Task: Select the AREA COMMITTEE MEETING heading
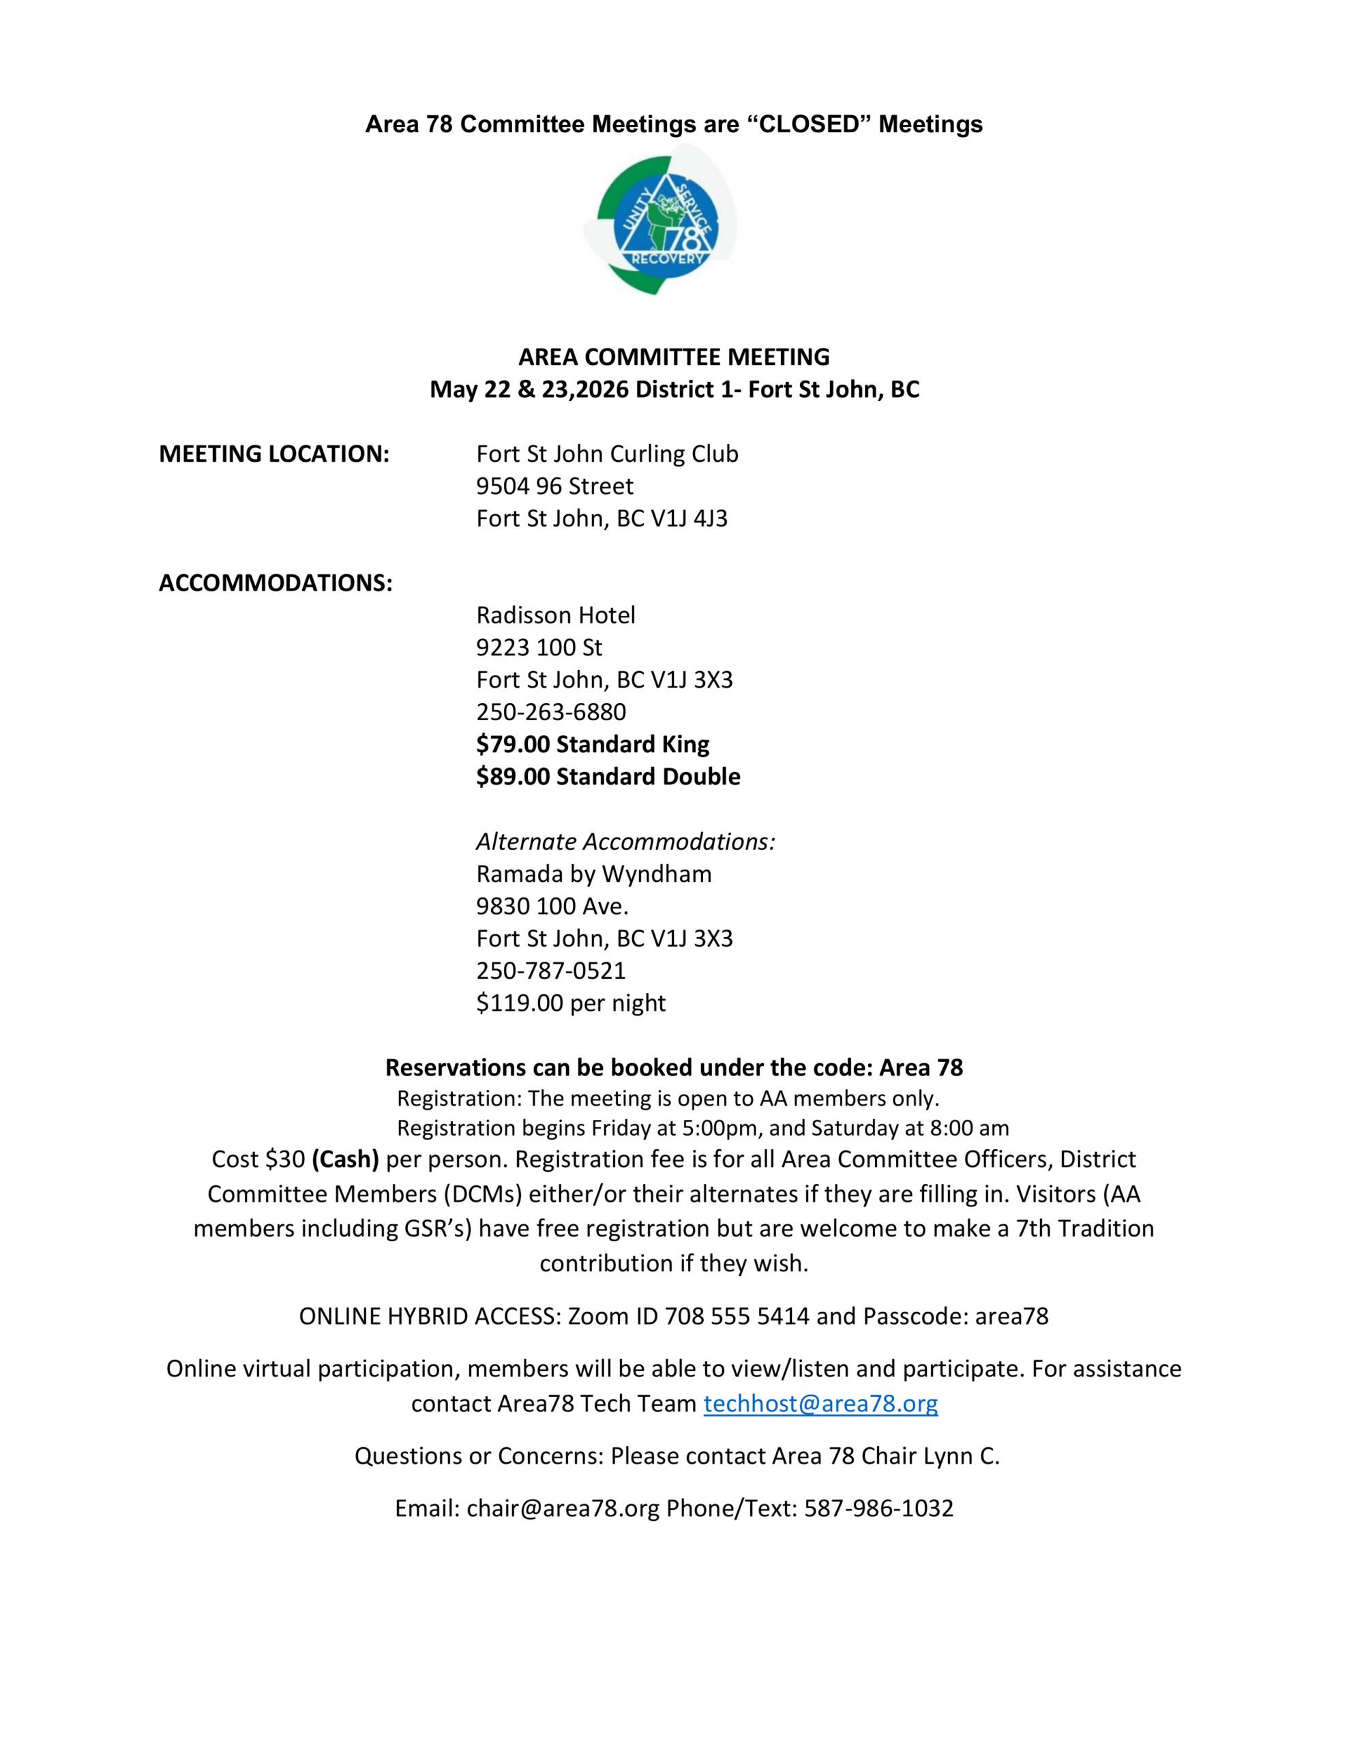pos(674,357)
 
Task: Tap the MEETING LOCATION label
pos(274,454)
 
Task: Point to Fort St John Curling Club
pos(607,454)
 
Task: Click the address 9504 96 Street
pos(554,486)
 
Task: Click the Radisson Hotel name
pos(556,616)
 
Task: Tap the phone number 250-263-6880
pos(551,712)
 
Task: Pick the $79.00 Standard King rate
pos(593,744)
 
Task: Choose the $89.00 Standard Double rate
pos(608,777)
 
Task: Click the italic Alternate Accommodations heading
pos(625,842)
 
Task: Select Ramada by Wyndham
pos(593,874)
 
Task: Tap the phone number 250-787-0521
pos(551,971)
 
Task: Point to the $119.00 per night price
pos(571,1003)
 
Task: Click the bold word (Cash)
pos(346,1159)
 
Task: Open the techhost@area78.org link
pos(820,1404)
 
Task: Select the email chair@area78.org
pos(563,1509)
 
